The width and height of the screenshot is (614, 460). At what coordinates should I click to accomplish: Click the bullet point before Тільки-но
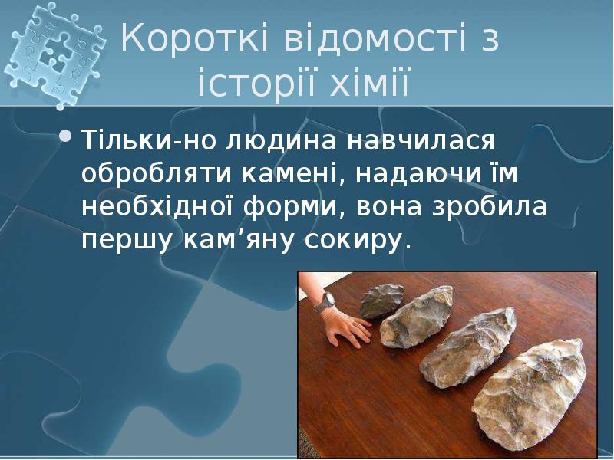[x=67, y=137]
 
